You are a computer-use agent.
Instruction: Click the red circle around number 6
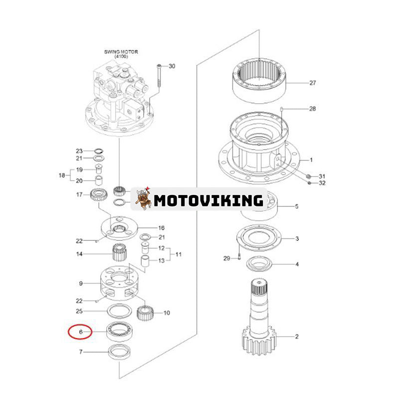[x=80, y=331]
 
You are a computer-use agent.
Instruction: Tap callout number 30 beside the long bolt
[x=172, y=66]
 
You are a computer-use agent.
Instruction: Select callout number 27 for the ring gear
[x=312, y=83]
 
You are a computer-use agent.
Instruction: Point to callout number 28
[x=312, y=108]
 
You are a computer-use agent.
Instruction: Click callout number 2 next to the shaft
[x=297, y=337]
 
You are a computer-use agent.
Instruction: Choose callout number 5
[x=297, y=205]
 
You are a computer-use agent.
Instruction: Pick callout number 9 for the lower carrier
[x=80, y=284]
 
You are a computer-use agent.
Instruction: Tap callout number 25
[x=79, y=311]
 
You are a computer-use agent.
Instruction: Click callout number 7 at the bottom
[x=80, y=352]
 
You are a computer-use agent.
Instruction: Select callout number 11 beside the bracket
[x=178, y=254]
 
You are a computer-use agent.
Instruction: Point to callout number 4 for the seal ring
[x=297, y=264]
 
